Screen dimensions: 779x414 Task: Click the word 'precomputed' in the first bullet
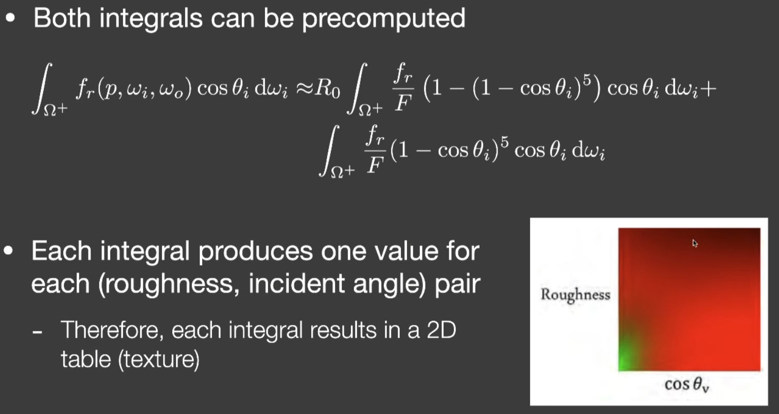point(384,20)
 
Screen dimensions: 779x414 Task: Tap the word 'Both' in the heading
point(62,18)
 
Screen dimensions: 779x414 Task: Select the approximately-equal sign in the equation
point(304,89)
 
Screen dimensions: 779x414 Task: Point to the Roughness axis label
point(576,295)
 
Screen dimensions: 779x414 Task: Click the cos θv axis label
point(686,385)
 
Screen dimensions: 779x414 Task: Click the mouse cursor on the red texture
point(695,243)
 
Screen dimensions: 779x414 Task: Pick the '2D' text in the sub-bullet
point(441,330)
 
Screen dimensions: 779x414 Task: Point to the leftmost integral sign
point(42,89)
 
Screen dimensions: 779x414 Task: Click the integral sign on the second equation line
point(329,151)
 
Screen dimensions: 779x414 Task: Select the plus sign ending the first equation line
point(707,89)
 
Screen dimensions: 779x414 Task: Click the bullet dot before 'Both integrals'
point(10,18)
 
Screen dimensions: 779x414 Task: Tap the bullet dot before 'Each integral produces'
point(8,251)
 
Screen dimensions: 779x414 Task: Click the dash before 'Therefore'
point(37,332)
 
